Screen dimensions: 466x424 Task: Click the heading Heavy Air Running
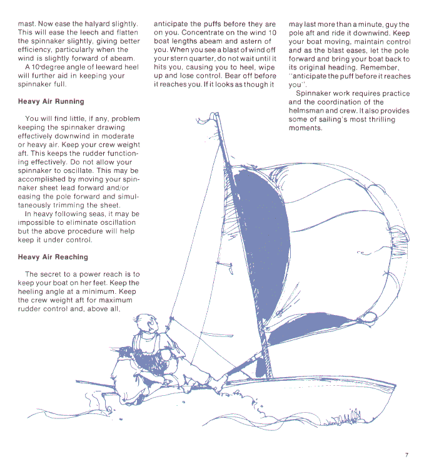point(51,101)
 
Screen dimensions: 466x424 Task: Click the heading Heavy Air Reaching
point(53,257)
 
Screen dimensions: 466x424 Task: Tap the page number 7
point(406,455)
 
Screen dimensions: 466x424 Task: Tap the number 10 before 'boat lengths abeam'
point(272,33)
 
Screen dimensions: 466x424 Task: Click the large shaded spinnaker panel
point(263,225)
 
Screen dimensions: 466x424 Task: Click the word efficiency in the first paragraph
point(38,49)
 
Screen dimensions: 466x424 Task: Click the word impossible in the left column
point(39,222)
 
